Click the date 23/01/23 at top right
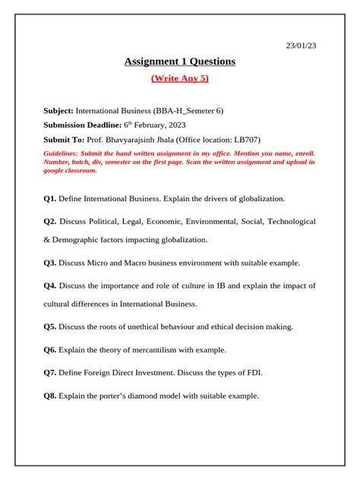(x=301, y=46)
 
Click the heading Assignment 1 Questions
(x=180, y=62)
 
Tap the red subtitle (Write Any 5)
(x=180, y=78)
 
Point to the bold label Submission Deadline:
(x=83, y=125)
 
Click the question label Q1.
(x=50, y=198)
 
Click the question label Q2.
(x=50, y=222)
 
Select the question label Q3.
(x=50, y=263)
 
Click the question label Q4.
(x=50, y=286)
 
